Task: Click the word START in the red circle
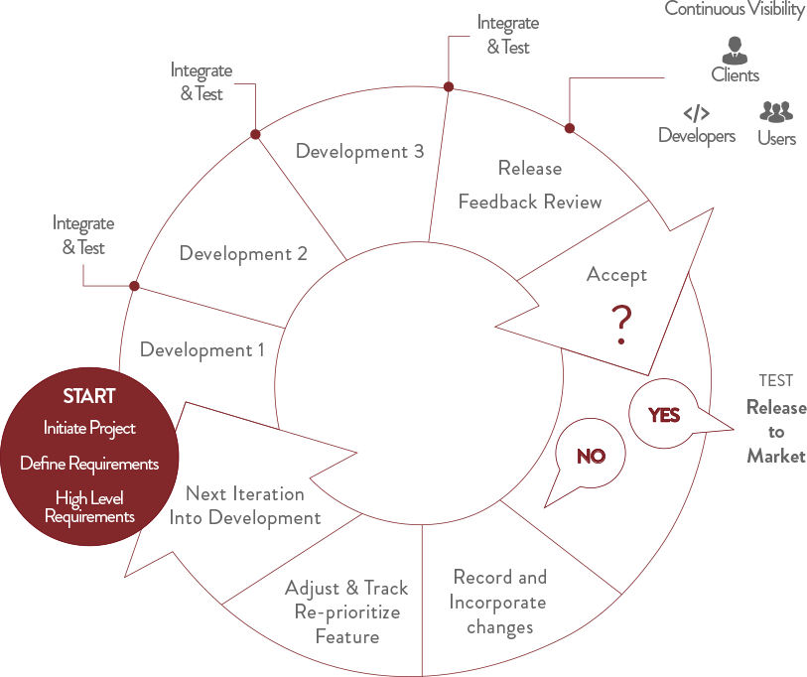tap(89, 396)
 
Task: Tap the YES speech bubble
tap(664, 414)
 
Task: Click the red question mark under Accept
tap(621, 325)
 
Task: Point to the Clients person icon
tap(735, 51)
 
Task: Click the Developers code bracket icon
tap(697, 113)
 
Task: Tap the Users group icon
tap(776, 112)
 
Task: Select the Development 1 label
tap(202, 349)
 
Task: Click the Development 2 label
tap(243, 253)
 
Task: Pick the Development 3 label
tap(359, 151)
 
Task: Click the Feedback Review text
tap(530, 202)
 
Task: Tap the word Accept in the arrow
tap(616, 275)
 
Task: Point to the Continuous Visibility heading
tap(735, 9)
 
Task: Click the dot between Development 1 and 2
tap(134, 286)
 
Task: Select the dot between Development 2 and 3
tap(255, 134)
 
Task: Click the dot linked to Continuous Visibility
tap(569, 128)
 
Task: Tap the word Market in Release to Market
tap(776, 457)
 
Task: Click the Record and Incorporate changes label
tap(498, 603)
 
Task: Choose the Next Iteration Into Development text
tap(245, 505)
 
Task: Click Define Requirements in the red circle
tap(89, 464)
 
